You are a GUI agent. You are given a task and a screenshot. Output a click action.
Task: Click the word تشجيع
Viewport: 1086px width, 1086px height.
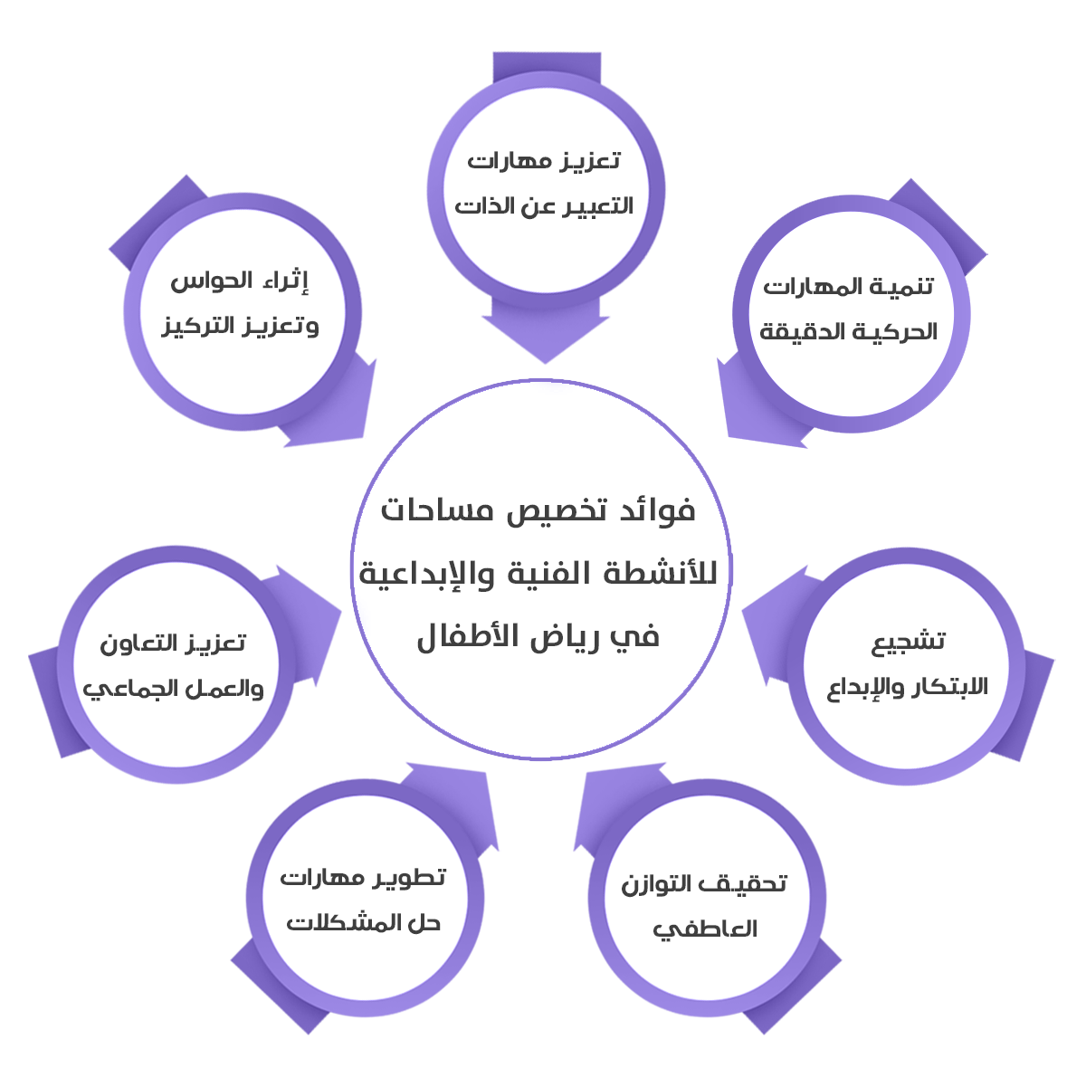point(909,642)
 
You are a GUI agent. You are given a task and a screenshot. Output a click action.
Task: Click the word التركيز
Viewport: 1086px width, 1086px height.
point(200,327)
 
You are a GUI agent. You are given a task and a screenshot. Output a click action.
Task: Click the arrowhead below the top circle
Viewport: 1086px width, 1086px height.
point(544,338)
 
